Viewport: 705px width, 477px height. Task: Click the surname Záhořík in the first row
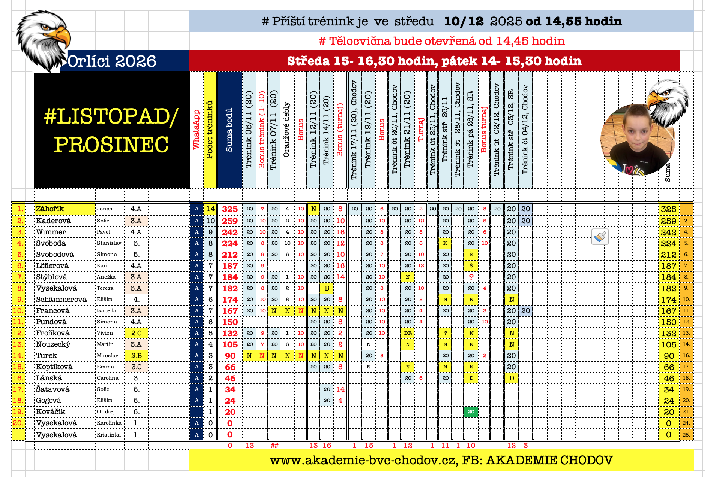(50, 209)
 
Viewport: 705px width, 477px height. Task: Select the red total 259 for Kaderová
(230, 221)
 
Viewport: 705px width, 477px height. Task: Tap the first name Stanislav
(109, 243)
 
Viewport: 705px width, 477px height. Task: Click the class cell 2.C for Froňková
(136, 333)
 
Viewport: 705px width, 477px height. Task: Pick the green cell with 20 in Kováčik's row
(471, 412)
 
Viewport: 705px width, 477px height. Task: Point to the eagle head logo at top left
(43, 39)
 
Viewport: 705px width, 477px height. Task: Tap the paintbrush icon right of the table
(600, 237)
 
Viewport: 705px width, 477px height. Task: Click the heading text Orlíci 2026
(112, 61)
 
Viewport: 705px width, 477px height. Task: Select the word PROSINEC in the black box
(111, 145)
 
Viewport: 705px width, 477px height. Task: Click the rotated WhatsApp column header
(196, 130)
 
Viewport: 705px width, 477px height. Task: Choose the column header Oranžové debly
(287, 130)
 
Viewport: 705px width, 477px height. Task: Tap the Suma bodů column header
(229, 130)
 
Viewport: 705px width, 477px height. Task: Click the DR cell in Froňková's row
(408, 333)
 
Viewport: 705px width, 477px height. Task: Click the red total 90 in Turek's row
(230, 356)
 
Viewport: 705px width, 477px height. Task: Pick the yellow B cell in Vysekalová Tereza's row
(327, 288)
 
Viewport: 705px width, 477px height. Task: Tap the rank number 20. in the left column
(18, 423)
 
